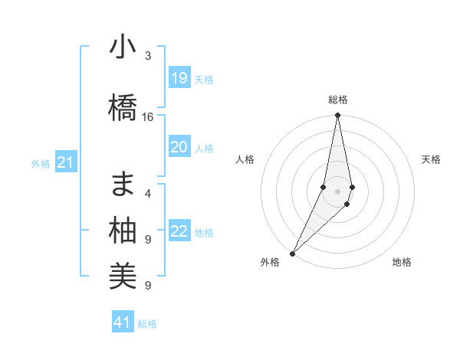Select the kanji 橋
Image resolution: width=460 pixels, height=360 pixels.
pos(123,108)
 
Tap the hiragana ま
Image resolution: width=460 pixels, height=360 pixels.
pos(123,184)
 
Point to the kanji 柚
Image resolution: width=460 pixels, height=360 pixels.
pos(123,231)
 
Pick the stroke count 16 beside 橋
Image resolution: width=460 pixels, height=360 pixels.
pos(148,117)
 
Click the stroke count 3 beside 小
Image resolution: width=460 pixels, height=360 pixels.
pos(148,56)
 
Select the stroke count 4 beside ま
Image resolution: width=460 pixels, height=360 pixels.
pos(148,193)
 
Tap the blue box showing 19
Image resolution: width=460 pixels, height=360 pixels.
pos(179,78)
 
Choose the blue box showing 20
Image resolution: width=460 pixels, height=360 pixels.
pos(179,147)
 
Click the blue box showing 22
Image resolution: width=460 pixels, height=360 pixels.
pos(179,231)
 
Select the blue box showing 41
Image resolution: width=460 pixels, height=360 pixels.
pos(123,322)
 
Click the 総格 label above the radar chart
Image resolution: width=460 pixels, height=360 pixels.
pos(338,100)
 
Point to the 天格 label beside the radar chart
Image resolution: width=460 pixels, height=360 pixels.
pos(432,159)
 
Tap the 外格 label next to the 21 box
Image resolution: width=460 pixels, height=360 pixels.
pos(41,163)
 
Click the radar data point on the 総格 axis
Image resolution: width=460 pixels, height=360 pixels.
pos(337,116)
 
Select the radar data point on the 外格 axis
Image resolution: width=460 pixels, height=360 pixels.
pos(293,253)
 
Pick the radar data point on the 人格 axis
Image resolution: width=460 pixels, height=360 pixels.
pos(324,187)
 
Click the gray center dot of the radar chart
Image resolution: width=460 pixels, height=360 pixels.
pos(337,191)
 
